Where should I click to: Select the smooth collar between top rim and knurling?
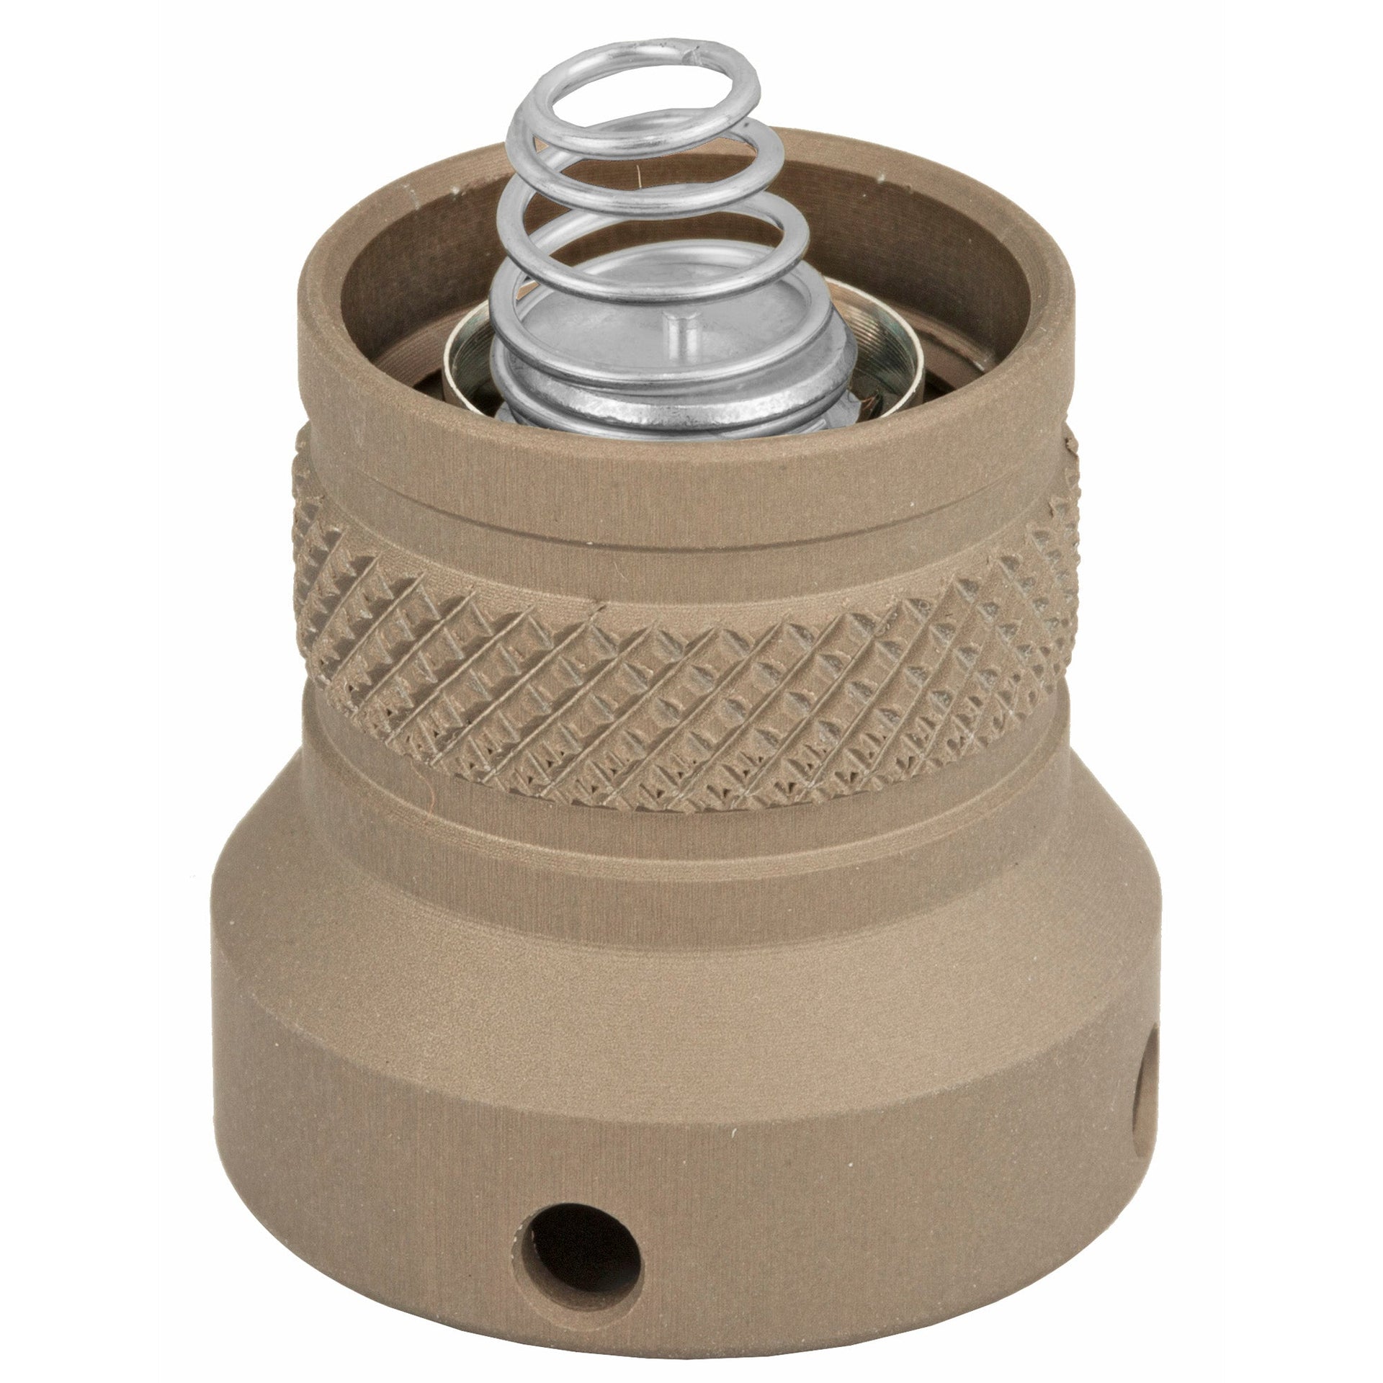pos(684,497)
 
